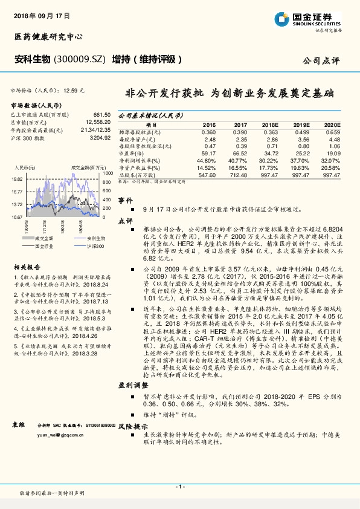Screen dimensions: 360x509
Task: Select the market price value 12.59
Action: [x=71, y=90]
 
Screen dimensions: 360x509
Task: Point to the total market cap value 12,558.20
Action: [x=97, y=122]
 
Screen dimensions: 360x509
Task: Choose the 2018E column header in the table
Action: [x=271, y=123]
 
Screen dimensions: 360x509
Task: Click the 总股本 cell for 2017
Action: [x=239, y=174]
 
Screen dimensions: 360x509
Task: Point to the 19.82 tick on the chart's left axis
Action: [x=17, y=180]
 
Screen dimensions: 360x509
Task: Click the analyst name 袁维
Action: [x=19, y=424]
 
